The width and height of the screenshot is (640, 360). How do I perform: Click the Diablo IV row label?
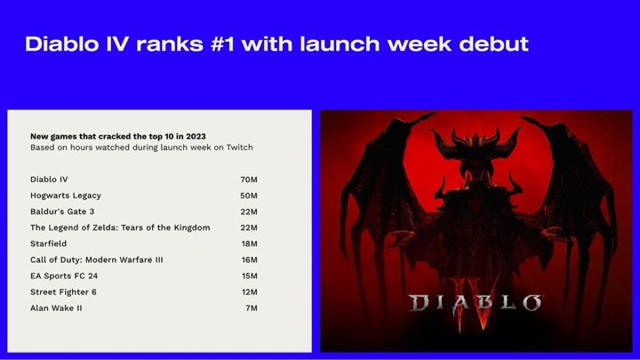pos(49,180)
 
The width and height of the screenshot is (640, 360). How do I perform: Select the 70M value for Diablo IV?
pos(249,180)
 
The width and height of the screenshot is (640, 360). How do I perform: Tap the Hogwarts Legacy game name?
pos(66,196)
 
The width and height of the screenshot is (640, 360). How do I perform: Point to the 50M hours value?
pos(249,196)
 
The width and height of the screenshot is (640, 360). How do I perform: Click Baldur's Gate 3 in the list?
pos(62,212)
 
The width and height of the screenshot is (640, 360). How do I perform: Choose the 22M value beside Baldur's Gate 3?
pos(249,212)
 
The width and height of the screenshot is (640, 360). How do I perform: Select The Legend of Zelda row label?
pos(120,228)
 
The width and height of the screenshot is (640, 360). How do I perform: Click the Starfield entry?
pos(48,244)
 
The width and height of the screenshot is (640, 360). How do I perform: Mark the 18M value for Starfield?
pos(249,244)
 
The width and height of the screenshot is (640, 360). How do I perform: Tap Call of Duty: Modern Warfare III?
pos(96,260)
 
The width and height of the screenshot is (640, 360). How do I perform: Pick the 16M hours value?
pos(249,260)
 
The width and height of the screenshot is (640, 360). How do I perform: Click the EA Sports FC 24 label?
pos(64,276)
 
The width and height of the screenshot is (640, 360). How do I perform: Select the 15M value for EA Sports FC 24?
pos(249,276)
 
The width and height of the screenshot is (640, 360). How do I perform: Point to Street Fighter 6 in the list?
pos(63,292)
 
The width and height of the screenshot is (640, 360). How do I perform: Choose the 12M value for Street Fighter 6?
pos(249,292)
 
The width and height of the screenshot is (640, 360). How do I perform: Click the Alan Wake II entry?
pos(56,308)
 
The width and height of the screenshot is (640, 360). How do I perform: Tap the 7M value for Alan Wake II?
pos(252,308)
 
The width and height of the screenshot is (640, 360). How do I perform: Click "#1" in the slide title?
pos(222,44)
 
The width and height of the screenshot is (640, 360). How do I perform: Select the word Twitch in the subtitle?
pos(240,148)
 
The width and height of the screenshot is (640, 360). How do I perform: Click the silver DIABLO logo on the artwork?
pos(475,303)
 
